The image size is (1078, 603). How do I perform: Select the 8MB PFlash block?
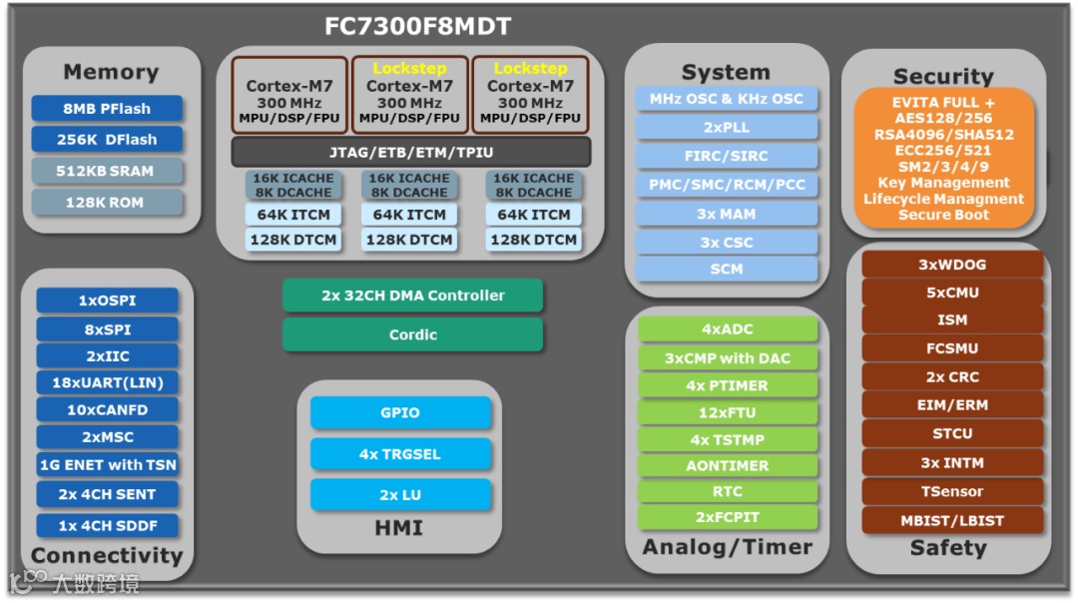pyautogui.click(x=107, y=108)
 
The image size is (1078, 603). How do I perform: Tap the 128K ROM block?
pyautogui.click(x=107, y=203)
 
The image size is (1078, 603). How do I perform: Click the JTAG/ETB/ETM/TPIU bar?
pyautogui.click(x=411, y=152)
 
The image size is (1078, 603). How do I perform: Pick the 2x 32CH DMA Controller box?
pyautogui.click(x=412, y=296)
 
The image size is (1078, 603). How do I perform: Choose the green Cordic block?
pyautogui.click(x=412, y=334)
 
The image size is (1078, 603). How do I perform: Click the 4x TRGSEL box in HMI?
pyautogui.click(x=401, y=454)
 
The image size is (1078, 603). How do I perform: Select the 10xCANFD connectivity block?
pyautogui.click(x=107, y=409)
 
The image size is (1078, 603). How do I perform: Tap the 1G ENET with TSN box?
pyautogui.click(x=107, y=464)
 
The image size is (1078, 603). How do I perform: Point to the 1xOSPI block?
pyautogui.click(x=107, y=301)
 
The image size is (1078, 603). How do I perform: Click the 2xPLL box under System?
pyautogui.click(x=727, y=128)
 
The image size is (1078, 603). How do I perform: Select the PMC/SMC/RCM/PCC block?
pyautogui.click(x=727, y=185)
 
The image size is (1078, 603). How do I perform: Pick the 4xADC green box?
pyautogui.click(x=727, y=329)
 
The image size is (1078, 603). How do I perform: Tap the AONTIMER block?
pyautogui.click(x=727, y=465)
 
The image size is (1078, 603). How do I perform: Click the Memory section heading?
pyautogui.click(x=111, y=72)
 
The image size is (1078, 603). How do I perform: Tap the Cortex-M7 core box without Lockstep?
pyautogui.click(x=289, y=95)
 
